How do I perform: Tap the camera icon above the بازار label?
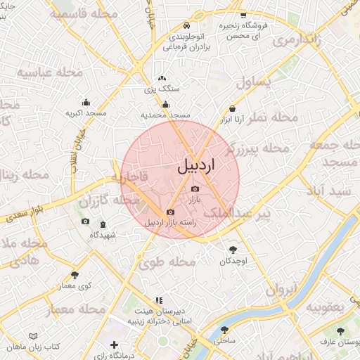195,188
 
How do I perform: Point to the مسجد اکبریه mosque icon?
86,102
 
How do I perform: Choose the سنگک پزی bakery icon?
162,79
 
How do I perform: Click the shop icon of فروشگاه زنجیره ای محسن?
243,15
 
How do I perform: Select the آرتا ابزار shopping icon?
233,108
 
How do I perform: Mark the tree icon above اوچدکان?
233,249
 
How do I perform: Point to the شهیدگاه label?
103,235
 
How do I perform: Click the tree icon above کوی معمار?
75,274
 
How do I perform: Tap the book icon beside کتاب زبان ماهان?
34,337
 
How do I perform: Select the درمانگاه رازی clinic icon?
115,345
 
